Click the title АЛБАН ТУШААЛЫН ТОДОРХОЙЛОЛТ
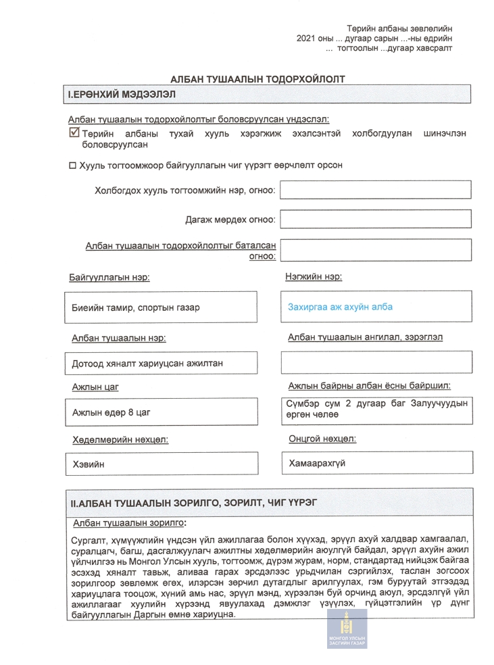point(257,79)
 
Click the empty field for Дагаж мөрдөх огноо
point(376,219)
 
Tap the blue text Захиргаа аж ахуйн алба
point(340,307)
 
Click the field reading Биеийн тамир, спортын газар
point(136,307)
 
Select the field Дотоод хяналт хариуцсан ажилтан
point(147,364)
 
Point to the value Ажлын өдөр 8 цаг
point(112,411)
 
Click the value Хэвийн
point(88,464)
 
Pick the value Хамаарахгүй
point(316,464)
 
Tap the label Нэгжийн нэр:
point(314,276)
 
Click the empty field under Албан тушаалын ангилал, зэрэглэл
point(376,362)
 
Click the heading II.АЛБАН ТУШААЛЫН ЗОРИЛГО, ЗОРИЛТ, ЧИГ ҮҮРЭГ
point(193,503)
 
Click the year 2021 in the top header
point(307,38)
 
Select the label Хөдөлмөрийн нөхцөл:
point(120,440)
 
